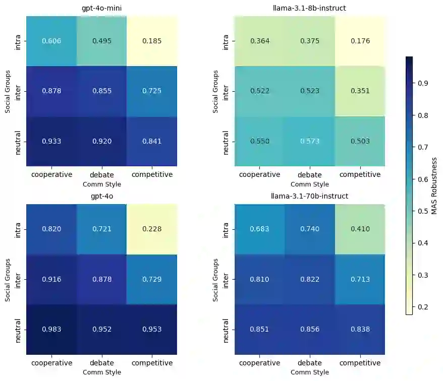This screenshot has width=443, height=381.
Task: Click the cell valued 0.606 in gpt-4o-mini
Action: (51, 41)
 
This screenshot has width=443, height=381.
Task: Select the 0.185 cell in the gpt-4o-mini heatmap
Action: (152, 41)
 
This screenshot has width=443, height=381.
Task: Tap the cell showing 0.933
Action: (51, 141)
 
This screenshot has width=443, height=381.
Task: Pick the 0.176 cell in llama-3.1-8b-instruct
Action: (360, 41)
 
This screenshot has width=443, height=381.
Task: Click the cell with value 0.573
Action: (310, 141)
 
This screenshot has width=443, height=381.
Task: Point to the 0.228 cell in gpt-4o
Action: (152, 229)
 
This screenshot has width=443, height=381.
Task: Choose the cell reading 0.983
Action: (51, 330)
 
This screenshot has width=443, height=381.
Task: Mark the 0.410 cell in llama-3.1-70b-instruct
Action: (360, 229)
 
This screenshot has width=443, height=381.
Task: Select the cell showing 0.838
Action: (360, 330)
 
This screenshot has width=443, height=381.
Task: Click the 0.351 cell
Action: (360, 91)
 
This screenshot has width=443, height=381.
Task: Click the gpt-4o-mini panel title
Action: (101, 9)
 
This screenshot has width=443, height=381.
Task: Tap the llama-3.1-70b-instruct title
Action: (310, 196)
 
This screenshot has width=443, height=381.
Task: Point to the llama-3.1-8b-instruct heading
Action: (310, 9)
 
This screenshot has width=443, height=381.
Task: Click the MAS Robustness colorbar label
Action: (434, 185)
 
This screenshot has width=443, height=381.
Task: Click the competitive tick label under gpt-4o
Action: (152, 363)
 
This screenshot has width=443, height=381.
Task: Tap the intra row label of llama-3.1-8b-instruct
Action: (226, 41)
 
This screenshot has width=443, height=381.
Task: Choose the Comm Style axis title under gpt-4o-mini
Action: (101, 184)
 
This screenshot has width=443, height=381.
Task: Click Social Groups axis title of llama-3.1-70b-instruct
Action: (216, 280)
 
